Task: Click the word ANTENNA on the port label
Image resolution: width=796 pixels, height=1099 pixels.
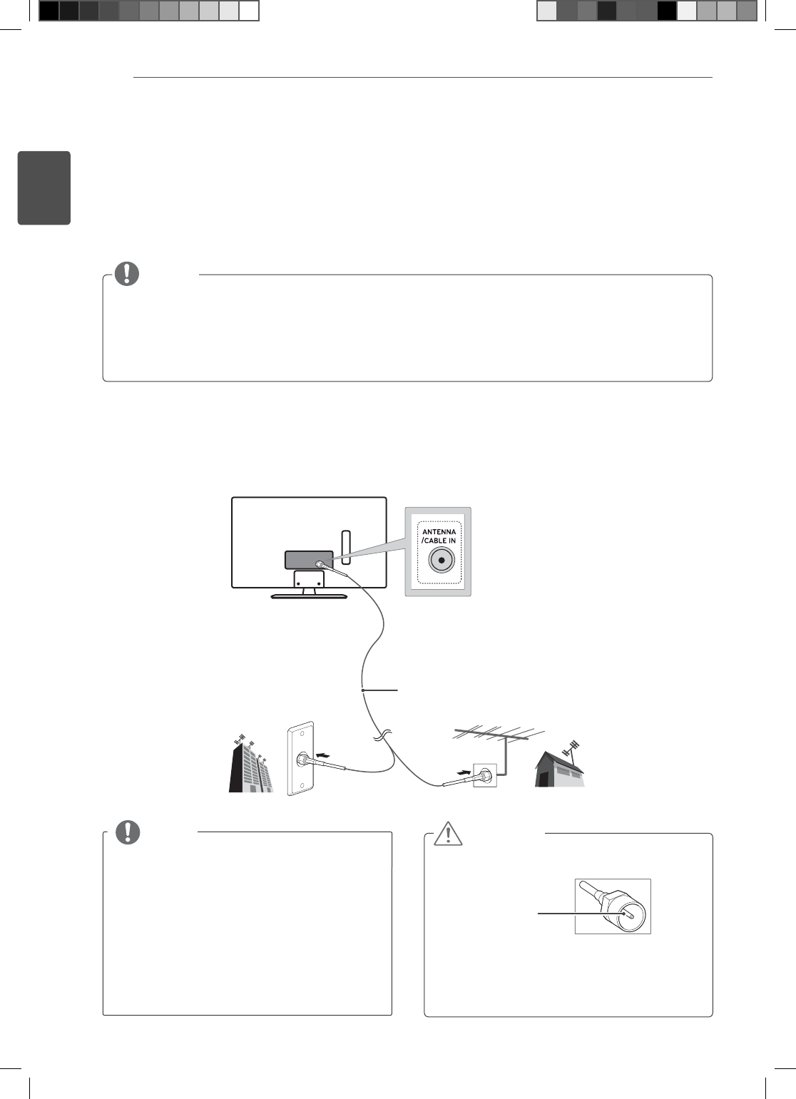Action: coord(439,532)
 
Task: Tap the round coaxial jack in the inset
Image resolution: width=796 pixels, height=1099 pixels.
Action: coord(442,561)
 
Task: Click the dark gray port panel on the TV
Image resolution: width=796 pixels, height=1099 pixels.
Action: coord(309,560)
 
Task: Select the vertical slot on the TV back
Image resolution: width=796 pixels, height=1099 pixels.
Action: coord(346,543)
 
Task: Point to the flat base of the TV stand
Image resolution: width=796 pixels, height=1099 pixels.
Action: coord(309,595)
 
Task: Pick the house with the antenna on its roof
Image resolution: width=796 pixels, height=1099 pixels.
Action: coord(560,770)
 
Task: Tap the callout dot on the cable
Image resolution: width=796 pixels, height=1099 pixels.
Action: coord(363,690)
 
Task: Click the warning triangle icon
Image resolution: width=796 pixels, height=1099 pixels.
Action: coord(448,834)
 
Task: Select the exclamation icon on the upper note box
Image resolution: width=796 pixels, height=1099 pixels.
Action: coord(127,274)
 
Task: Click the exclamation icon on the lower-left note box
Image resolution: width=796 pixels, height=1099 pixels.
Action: coord(128,832)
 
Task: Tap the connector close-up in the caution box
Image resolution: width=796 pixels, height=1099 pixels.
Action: coord(613,906)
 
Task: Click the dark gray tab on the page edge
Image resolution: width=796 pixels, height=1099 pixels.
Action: coord(44,188)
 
